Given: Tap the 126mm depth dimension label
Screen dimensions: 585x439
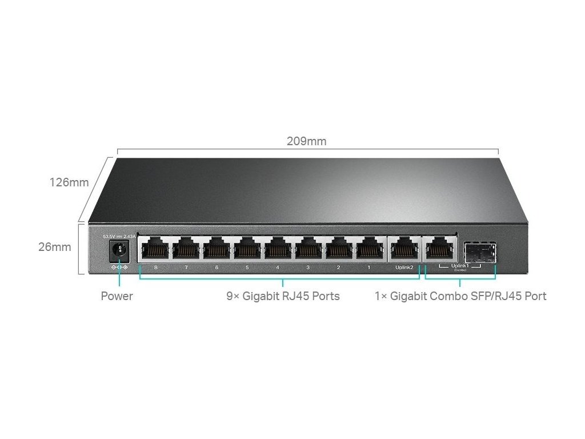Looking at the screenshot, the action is [69, 182].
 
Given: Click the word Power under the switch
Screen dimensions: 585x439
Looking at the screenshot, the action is [117, 296].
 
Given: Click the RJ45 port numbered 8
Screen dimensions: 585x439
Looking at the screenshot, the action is [155, 249].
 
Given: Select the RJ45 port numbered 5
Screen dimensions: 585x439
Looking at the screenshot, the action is [247, 249].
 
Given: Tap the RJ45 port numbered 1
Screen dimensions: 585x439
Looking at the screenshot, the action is [370, 249].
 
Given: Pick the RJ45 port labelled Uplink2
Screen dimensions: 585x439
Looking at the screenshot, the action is [404, 249].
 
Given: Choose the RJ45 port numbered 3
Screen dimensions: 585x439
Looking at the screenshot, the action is [308, 249].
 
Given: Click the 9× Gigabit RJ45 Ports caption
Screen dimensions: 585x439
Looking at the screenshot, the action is [283, 296].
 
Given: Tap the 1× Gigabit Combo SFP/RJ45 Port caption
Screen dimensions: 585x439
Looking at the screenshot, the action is [460, 296].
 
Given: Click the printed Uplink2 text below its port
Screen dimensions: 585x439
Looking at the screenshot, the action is [404, 268].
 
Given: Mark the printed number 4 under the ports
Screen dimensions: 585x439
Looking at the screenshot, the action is [278, 268].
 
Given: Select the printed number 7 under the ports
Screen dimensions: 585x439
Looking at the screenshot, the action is [186, 268].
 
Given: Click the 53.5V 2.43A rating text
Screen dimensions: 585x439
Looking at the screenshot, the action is [118, 236].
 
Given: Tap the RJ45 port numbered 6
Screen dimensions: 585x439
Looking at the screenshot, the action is [217, 249].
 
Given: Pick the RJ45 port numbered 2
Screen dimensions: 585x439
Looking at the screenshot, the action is [339, 249].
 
